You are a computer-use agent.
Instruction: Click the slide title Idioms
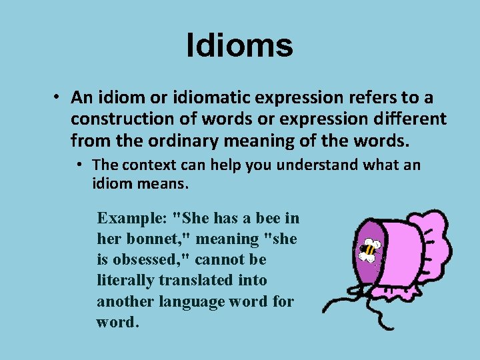(239, 46)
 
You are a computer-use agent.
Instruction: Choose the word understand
(315, 165)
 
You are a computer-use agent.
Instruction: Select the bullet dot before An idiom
(59, 97)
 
